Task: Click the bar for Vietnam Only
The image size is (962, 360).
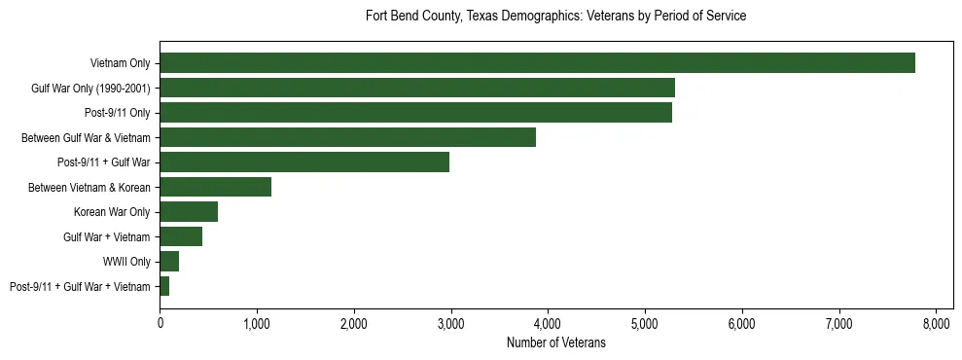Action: click(537, 63)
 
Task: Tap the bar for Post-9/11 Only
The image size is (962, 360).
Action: click(415, 113)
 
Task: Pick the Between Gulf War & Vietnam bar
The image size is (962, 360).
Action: click(347, 138)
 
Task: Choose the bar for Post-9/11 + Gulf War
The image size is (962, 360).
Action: click(304, 162)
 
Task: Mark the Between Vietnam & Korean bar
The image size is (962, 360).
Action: click(215, 187)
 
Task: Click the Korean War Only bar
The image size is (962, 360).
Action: click(189, 212)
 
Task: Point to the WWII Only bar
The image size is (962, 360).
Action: click(169, 262)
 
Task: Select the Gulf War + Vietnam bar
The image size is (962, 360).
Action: click(181, 236)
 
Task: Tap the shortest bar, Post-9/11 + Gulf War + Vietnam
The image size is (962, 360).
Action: click(164, 286)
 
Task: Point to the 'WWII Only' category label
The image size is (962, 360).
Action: click(126, 262)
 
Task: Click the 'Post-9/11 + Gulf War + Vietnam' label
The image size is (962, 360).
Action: click(80, 287)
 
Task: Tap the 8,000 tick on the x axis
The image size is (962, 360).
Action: click(936, 323)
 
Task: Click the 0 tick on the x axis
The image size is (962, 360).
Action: click(160, 323)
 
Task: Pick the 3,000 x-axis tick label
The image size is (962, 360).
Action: click(450, 323)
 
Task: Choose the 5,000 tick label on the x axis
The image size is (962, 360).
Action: click(645, 323)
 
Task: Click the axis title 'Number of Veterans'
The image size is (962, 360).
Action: click(555, 343)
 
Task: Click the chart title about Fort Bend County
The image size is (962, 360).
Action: click(555, 17)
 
